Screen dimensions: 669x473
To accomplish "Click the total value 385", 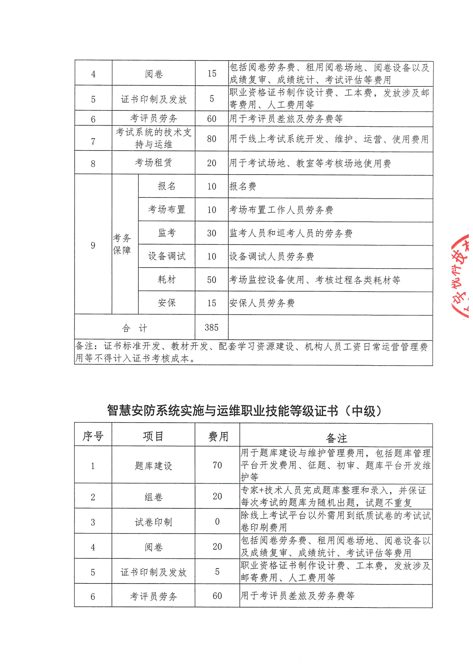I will pos(211,328).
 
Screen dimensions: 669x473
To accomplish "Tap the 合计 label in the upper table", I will pos(134,328).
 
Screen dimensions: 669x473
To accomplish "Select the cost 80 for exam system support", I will pos(211,139).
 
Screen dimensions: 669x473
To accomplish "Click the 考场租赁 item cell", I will pos(153,163).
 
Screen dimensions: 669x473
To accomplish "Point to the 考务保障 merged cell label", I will pos(122,244).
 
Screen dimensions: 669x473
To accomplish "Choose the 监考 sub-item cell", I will pos(167,233).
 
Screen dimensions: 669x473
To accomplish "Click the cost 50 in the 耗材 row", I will pos(211,280).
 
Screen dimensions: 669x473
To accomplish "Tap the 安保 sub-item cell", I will pos(167,303).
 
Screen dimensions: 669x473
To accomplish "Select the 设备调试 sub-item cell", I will pos(167,256).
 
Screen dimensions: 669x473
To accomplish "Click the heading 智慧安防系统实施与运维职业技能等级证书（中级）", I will pos(244,411).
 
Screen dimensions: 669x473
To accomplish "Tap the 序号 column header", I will pos(93,436).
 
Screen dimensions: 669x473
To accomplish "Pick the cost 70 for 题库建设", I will pos(217,465).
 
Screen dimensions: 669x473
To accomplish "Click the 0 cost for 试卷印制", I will pos(217,522).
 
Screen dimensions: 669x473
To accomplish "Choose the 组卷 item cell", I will pos(153,497).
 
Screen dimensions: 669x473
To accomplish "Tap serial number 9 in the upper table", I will pos(93,245).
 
